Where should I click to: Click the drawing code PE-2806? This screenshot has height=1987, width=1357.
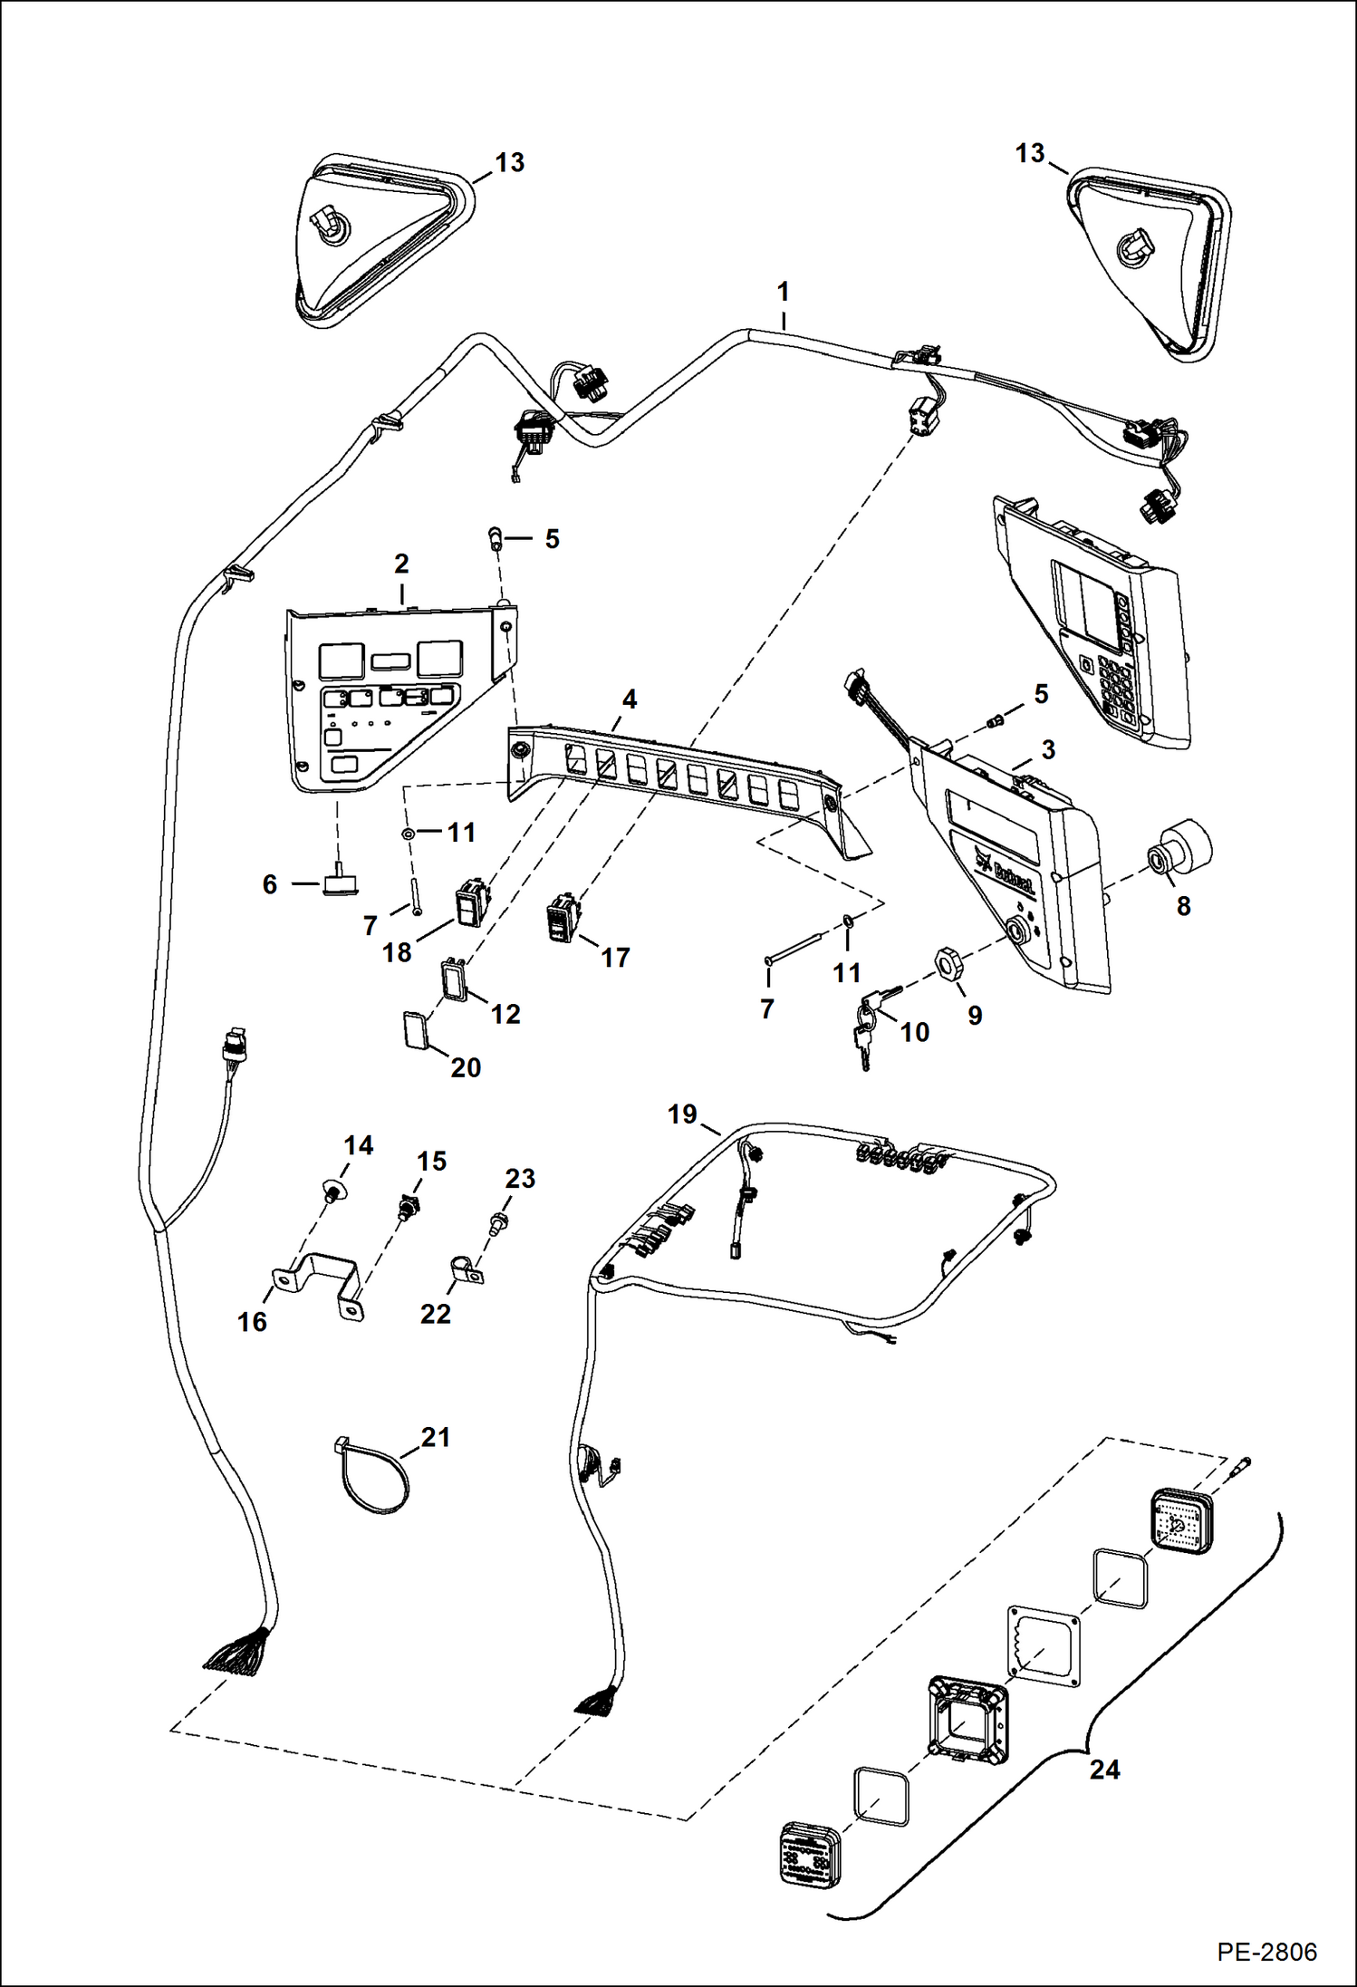tap(1266, 1951)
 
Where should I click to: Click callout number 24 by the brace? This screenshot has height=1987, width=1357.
tap(1104, 1770)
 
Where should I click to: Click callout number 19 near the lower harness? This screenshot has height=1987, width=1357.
tap(682, 1114)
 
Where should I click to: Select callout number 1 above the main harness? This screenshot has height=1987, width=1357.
tap(783, 292)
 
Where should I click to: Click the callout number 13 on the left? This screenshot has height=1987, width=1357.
tap(510, 162)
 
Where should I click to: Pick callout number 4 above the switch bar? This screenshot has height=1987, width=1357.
tap(630, 699)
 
